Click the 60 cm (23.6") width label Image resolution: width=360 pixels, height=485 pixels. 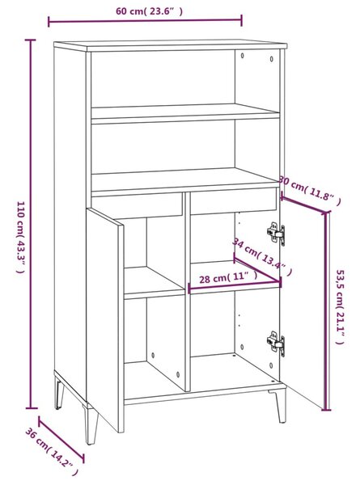pyautogui.click(x=149, y=11)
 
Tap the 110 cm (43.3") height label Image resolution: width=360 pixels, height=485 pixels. pyautogui.click(x=20, y=238)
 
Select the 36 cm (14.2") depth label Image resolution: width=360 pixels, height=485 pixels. pyautogui.click(x=52, y=456)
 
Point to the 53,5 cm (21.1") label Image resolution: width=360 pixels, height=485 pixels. pyautogui.click(x=341, y=307)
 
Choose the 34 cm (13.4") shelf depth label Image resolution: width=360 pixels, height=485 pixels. pyautogui.click(x=262, y=257)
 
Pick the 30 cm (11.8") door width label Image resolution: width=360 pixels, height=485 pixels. pyautogui.click(x=310, y=190)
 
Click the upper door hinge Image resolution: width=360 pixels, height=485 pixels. pyautogui.click(x=276, y=234)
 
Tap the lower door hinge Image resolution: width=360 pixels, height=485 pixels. pyautogui.click(x=276, y=343)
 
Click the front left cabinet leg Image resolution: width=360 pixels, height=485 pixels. pyautogui.click(x=91, y=424)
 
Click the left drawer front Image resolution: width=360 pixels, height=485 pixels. pyautogui.click(x=138, y=205)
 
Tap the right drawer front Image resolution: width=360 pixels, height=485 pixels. pyautogui.click(x=234, y=200)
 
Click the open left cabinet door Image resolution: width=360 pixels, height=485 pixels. pyautogui.click(x=105, y=320)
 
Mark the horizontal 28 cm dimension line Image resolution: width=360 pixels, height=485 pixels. pyautogui.click(x=235, y=286)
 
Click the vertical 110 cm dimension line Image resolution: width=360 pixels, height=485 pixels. pyautogui.click(x=30, y=224)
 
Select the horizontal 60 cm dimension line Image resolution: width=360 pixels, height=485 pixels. pyautogui.click(x=145, y=21)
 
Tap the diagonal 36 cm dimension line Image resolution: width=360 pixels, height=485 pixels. pyautogui.click(x=61, y=440)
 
